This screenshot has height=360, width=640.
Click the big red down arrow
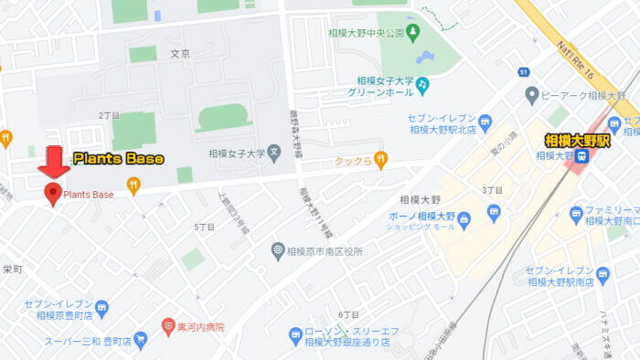pyautogui.click(x=53, y=161)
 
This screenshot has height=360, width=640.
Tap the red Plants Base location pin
pyautogui.click(x=53, y=193)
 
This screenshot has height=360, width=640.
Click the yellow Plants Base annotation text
pyautogui.click(x=118, y=159)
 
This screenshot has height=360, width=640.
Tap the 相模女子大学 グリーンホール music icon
pyautogui.click(x=422, y=85)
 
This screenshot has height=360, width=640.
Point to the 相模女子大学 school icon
pyautogui.click(x=273, y=154)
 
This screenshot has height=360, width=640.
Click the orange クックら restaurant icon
pyautogui.click(x=381, y=159)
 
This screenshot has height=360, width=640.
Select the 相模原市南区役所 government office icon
pyautogui.click(x=278, y=250)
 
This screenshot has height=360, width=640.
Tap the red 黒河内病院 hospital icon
pyautogui.click(x=168, y=326)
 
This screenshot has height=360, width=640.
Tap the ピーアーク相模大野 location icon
pyautogui.click(x=531, y=95)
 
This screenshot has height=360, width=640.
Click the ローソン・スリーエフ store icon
pyautogui.click(x=295, y=335)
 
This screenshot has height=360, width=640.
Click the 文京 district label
pyautogui.click(x=180, y=54)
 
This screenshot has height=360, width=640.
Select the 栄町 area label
pyautogui.click(x=12, y=270)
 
